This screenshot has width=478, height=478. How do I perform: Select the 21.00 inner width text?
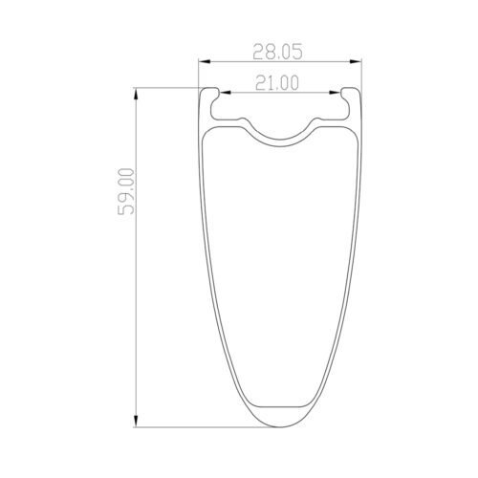278,84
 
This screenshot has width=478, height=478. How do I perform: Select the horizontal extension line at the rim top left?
167,89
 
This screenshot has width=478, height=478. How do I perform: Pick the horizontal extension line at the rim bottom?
191,428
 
